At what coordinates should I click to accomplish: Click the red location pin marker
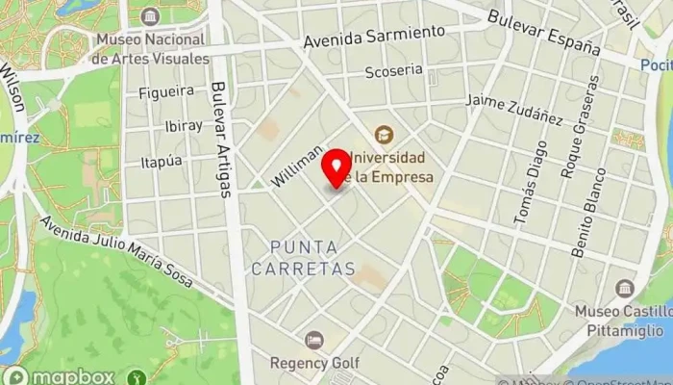(x=336, y=167)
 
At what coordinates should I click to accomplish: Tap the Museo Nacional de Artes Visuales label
(x=150, y=49)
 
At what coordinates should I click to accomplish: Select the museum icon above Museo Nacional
(x=150, y=16)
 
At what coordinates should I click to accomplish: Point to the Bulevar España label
(x=543, y=32)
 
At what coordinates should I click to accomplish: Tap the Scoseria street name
(x=393, y=71)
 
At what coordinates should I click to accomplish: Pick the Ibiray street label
(x=184, y=125)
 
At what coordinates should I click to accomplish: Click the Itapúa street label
(x=161, y=162)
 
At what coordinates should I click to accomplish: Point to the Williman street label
(x=297, y=167)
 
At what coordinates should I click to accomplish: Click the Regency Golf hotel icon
(x=313, y=340)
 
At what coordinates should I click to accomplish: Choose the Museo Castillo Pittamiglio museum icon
(x=625, y=288)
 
